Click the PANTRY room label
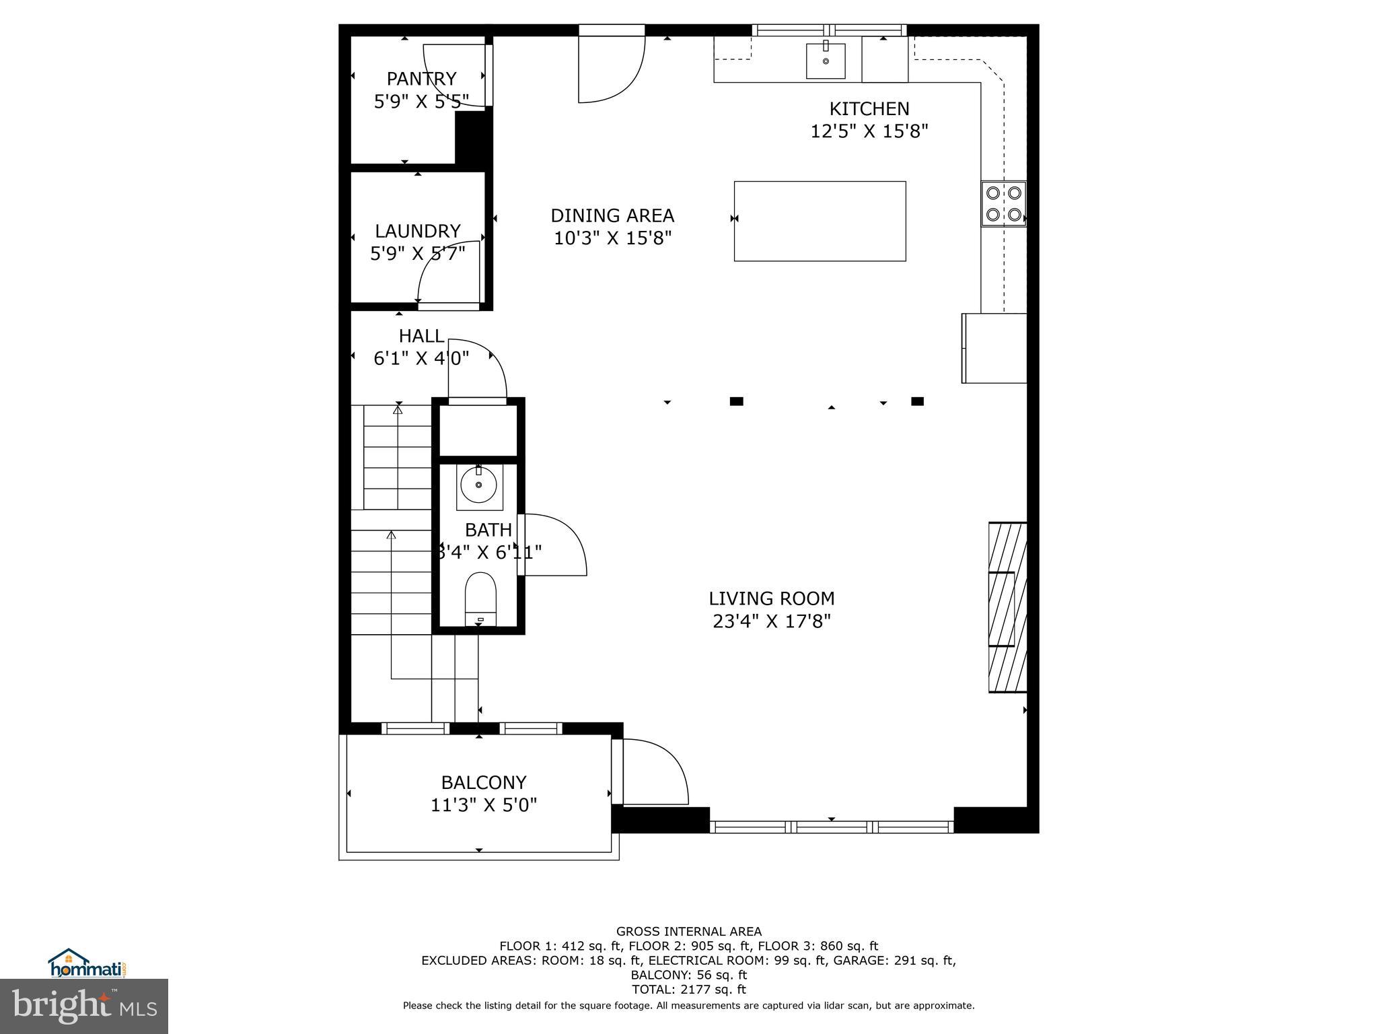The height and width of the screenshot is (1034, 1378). (421, 79)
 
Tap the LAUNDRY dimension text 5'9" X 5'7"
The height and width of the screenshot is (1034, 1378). (417, 254)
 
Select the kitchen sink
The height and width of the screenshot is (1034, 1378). (826, 61)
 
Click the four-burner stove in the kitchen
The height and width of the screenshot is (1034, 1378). (1003, 204)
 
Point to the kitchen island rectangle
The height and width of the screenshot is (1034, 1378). (820, 221)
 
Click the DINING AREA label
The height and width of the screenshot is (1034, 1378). (612, 215)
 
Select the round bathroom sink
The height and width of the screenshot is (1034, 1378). (478, 485)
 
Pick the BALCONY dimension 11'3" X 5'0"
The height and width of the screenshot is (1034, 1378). (484, 805)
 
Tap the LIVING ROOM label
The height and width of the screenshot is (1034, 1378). (771, 598)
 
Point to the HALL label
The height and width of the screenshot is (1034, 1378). (421, 336)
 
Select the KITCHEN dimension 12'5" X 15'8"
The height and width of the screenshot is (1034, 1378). (869, 131)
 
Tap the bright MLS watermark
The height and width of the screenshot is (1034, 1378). (84, 1006)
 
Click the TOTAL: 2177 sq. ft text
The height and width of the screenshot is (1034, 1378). (688, 990)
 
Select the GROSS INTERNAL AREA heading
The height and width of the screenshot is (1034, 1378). (688, 932)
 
